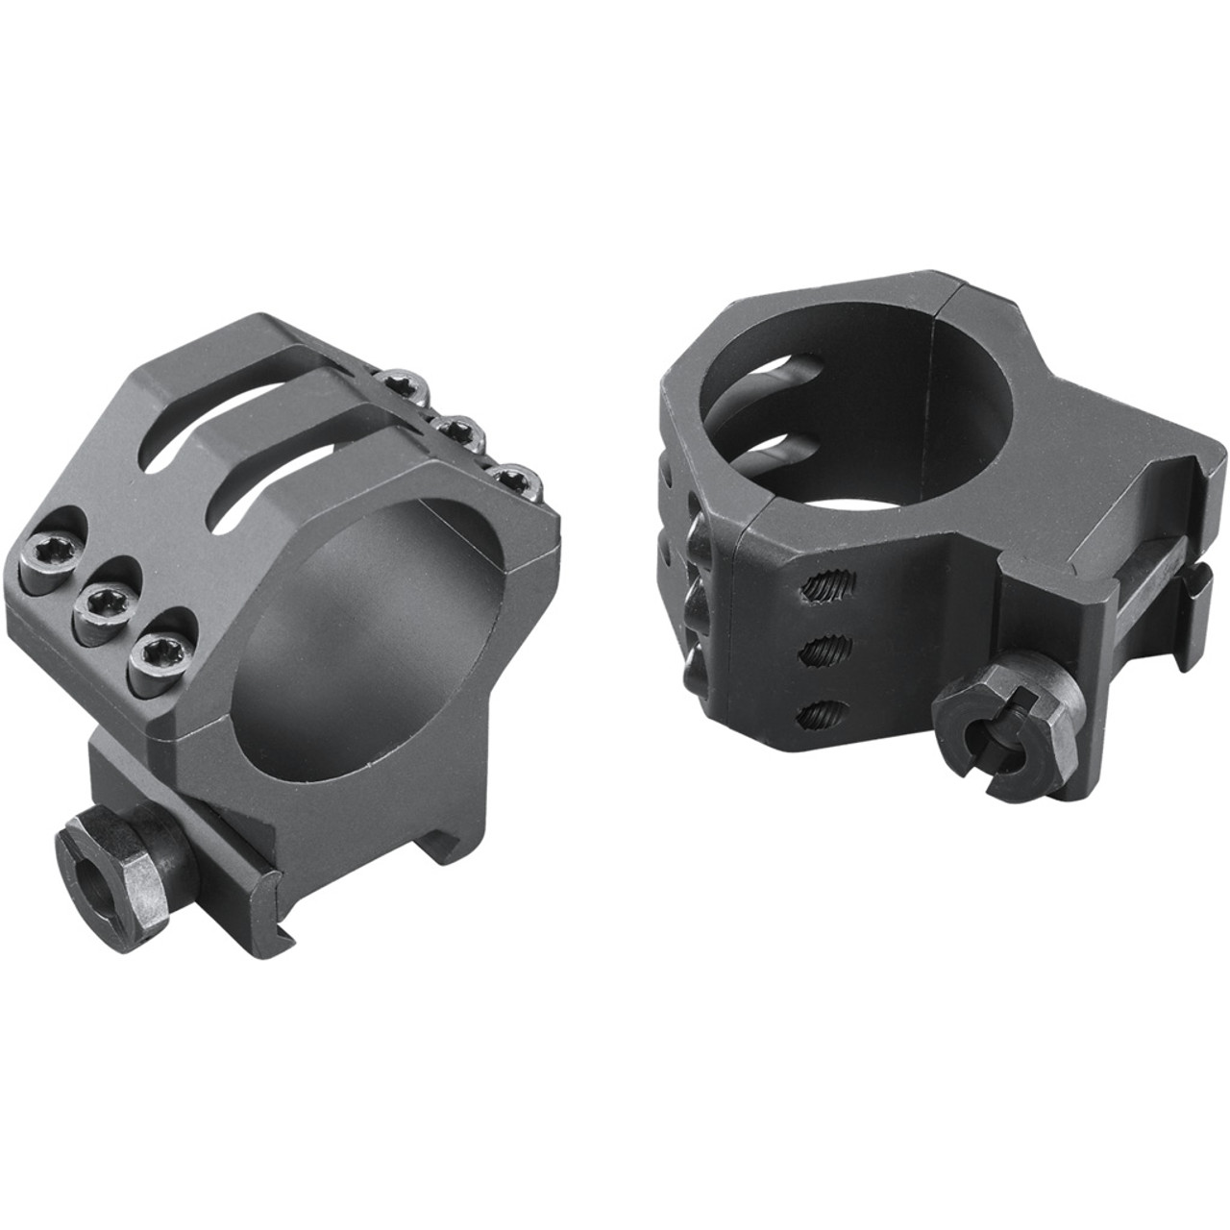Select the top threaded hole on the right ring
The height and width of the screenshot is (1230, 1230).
829,584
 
